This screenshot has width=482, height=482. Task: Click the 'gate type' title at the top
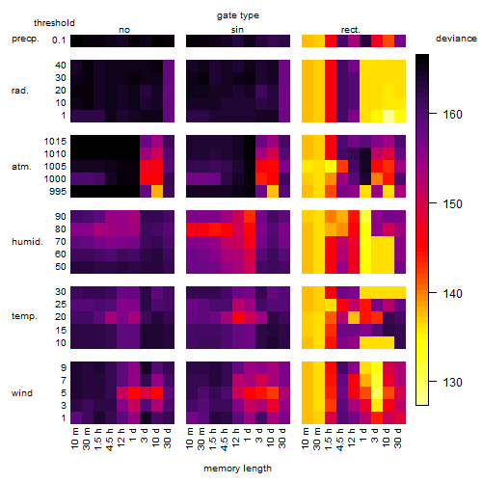pyautogui.click(x=238, y=15)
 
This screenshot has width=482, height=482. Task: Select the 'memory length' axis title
pyautogui.click(x=237, y=469)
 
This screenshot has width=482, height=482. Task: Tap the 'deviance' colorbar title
pyautogui.click(x=456, y=39)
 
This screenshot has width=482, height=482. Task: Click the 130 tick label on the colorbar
pyautogui.click(x=452, y=383)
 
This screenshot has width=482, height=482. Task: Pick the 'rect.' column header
pyautogui.click(x=350, y=30)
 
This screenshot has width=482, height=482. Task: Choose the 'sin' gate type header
pyautogui.click(x=237, y=30)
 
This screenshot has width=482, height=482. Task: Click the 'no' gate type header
pyautogui.click(x=124, y=30)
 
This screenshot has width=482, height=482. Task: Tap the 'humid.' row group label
pyautogui.click(x=27, y=242)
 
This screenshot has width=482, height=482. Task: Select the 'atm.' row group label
pyautogui.click(x=21, y=167)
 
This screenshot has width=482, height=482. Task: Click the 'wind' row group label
pyautogui.click(x=22, y=393)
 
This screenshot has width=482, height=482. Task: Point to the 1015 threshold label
pyautogui.click(x=55, y=142)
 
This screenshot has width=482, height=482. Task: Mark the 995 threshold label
pyautogui.click(x=58, y=192)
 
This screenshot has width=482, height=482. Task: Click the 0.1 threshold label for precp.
pyautogui.click(x=59, y=40)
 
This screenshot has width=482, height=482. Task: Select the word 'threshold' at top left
pyautogui.click(x=54, y=23)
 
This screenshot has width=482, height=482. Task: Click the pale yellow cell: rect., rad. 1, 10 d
pyautogui.click(x=388, y=116)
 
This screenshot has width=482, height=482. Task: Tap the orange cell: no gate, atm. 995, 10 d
pyautogui.click(x=157, y=192)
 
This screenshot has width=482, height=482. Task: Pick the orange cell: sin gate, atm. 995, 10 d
pyautogui.click(x=273, y=192)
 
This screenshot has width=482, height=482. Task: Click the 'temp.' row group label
pyautogui.click(x=24, y=316)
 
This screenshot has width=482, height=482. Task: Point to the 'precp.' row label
pyautogui.click(x=25, y=39)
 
